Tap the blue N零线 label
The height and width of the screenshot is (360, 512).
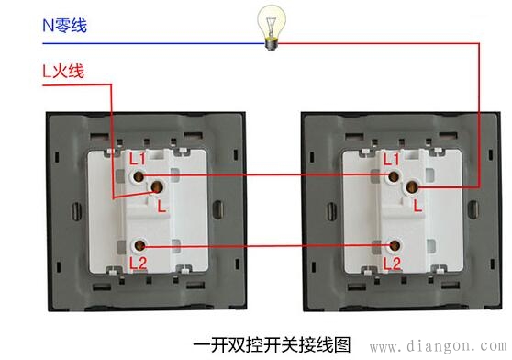click(x=64, y=26)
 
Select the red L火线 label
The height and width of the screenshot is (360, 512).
click(x=63, y=70)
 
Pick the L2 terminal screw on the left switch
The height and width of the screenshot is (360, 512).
click(x=139, y=246)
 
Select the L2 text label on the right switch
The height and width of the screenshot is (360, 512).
click(x=392, y=264)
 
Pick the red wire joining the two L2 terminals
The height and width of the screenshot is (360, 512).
click(x=266, y=246)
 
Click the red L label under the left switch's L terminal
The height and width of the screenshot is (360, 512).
click(x=161, y=208)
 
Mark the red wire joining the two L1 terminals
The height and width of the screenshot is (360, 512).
click(x=266, y=174)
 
